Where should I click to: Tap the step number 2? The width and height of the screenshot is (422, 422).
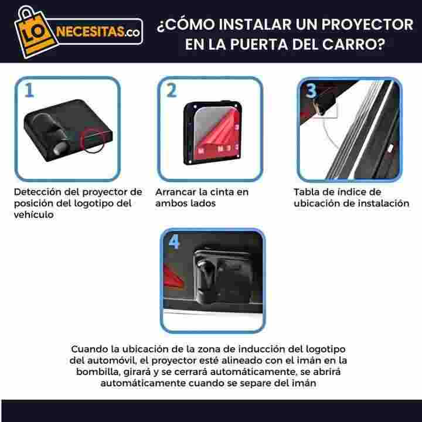tap(171, 90)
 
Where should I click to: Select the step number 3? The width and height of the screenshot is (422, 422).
tap(311, 90)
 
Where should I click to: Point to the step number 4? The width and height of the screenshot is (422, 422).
tap(174, 241)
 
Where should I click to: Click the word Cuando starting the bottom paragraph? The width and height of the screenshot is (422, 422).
tap(89, 349)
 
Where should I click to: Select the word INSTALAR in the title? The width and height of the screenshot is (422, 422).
tap(256, 25)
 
